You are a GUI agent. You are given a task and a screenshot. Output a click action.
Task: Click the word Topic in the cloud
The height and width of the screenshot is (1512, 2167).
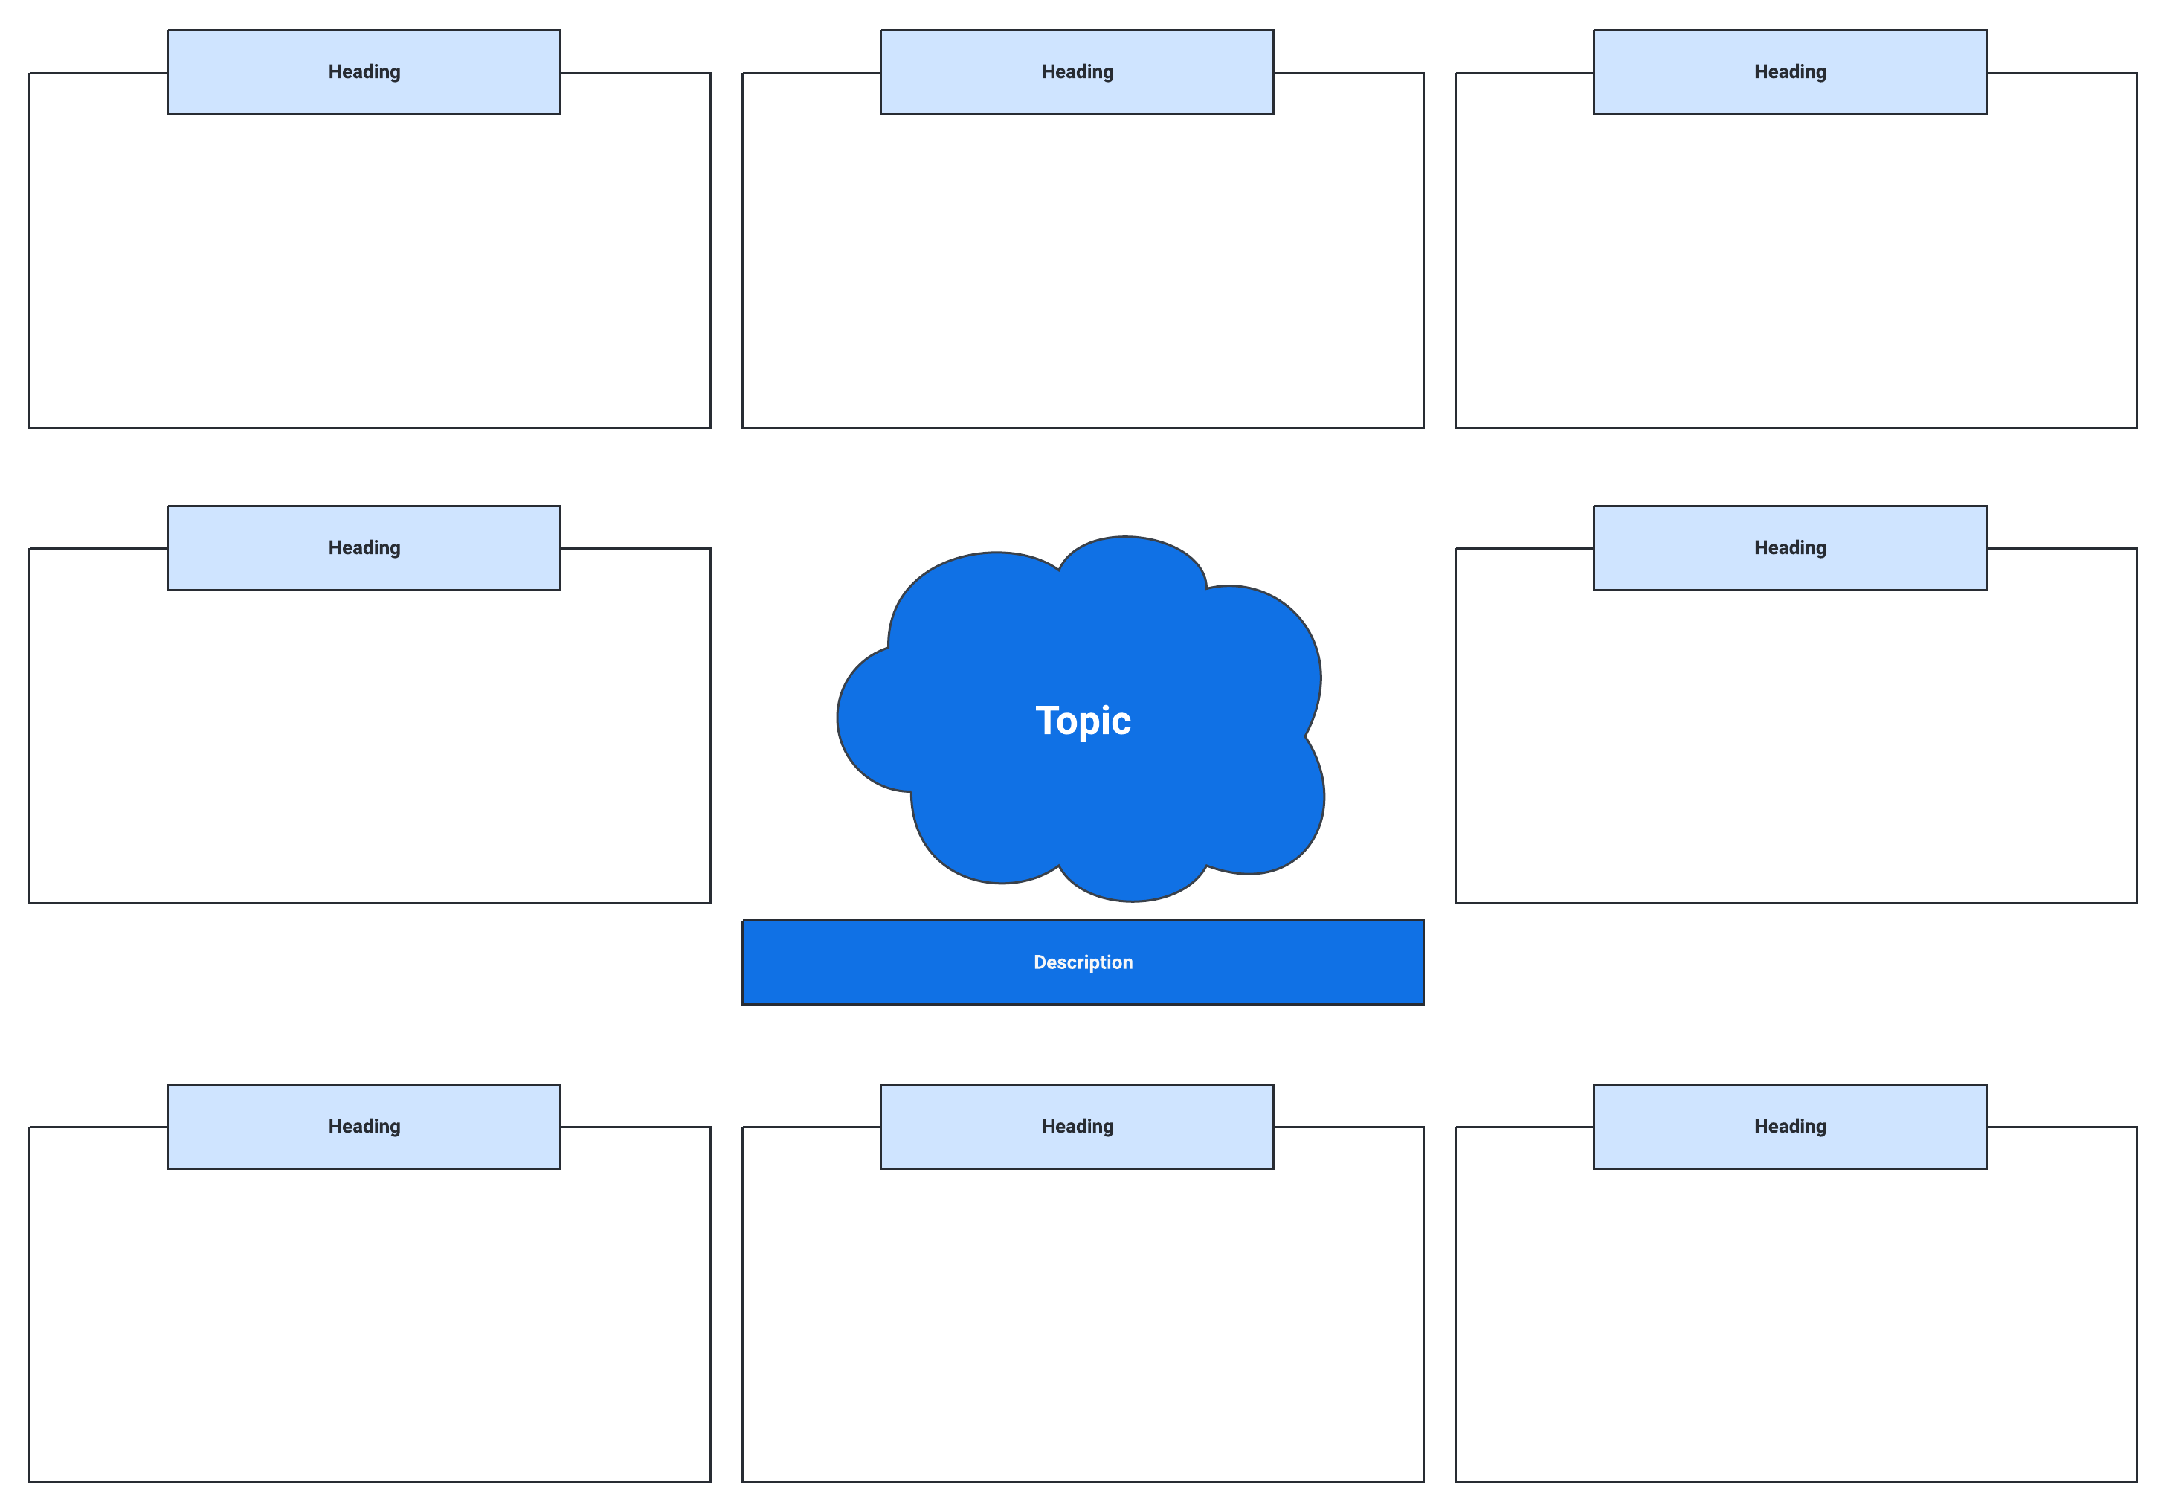pyautogui.click(x=1083, y=721)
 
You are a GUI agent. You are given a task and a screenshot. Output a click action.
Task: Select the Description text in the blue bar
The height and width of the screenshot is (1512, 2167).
pyautogui.click(x=1083, y=962)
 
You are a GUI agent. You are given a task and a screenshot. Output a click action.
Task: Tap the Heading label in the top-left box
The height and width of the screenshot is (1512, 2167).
pyautogui.click(x=364, y=71)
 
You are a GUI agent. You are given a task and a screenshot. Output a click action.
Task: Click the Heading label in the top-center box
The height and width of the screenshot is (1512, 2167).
pyautogui.click(x=1077, y=71)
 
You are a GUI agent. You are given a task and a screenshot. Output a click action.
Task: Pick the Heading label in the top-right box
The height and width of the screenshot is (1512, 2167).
pyautogui.click(x=1789, y=71)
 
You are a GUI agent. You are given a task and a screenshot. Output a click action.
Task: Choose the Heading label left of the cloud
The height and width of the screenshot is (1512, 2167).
pyautogui.click(x=364, y=547)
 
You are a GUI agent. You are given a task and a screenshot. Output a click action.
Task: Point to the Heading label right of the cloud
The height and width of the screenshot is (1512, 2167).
pyautogui.click(x=1789, y=547)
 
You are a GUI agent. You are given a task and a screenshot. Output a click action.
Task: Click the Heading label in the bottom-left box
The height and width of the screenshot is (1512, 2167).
pyautogui.click(x=364, y=1126)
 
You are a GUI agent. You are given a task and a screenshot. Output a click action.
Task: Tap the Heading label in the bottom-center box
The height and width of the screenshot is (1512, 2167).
pyautogui.click(x=1077, y=1126)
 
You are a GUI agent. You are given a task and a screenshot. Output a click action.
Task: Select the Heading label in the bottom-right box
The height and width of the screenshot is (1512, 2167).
pyautogui.click(x=1789, y=1126)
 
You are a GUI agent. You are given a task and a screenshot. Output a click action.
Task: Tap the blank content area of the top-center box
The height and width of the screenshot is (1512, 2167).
pyautogui.click(x=1083, y=274)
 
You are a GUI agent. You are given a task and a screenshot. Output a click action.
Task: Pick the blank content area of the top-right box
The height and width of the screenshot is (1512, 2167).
pyautogui.click(x=1795, y=274)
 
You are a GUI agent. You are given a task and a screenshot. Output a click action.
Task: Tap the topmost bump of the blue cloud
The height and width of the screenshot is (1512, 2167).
pyautogui.click(x=1130, y=562)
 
